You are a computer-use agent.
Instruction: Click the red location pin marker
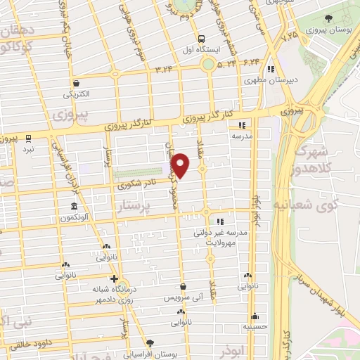pos(181,165)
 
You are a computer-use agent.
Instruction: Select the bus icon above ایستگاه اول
pos(202,39)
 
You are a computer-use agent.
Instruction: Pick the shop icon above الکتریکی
pos(76,83)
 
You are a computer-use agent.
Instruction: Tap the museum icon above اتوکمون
pos(75,207)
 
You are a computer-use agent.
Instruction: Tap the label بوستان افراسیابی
pos(149,354)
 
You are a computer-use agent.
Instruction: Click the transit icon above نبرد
pos(29,138)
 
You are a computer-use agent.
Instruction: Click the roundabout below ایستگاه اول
pos(207,65)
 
